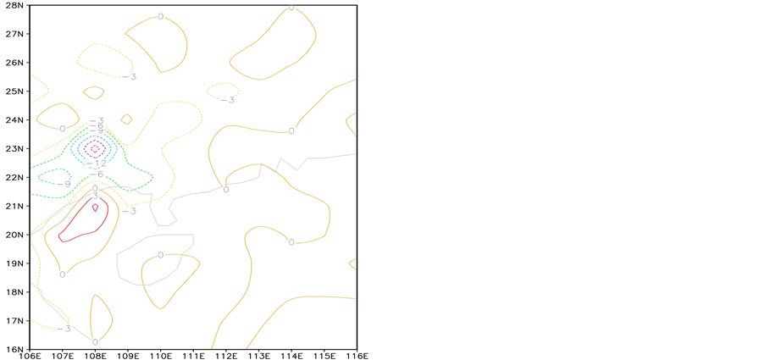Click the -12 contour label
(96, 163)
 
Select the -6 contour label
(97, 174)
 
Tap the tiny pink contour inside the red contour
(95, 207)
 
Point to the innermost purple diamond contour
(95, 148)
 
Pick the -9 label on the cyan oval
(64, 183)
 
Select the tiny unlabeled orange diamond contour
(126, 119)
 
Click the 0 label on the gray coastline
(226, 189)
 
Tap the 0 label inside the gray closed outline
(161, 254)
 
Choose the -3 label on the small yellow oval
(227, 99)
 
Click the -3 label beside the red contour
(130, 210)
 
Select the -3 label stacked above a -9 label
(97, 120)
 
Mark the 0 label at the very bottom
(96, 341)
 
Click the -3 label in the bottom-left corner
(64, 328)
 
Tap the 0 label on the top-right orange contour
(292, 8)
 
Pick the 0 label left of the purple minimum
(63, 128)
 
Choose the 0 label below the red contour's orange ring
(63, 274)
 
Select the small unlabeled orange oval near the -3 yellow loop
(94, 92)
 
